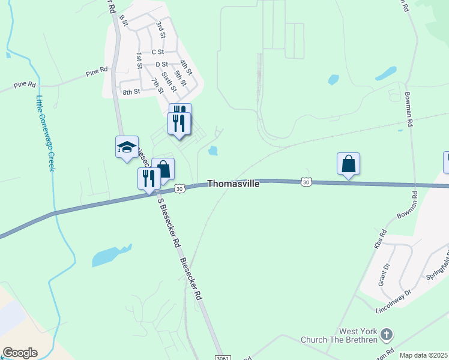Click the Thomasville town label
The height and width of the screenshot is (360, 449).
pyautogui.click(x=234, y=184)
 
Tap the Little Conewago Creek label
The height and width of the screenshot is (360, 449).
pyautogui.click(x=45, y=133)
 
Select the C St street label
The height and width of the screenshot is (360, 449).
pyautogui.click(x=158, y=52)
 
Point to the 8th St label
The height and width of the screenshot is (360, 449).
pyautogui.click(x=131, y=92)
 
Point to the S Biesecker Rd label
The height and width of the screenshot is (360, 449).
pyautogui.click(x=169, y=223)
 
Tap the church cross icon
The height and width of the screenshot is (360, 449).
pyautogui.click(x=387, y=334)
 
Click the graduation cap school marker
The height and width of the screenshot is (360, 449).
pyautogui.click(x=127, y=147)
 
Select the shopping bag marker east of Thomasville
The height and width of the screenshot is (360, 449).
pyautogui.click(x=348, y=163)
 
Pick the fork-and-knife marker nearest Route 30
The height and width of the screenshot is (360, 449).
pyautogui.click(x=149, y=178)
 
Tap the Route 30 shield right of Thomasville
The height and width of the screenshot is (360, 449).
pyautogui.click(x=306, y=182)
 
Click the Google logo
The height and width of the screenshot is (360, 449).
pyautogui.click(x=20, y=353)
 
